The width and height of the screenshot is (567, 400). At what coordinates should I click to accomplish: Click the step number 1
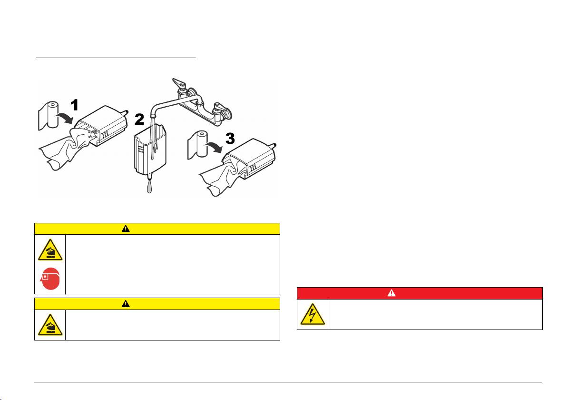[75, 105]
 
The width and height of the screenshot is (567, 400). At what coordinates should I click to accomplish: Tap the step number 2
[139, 120]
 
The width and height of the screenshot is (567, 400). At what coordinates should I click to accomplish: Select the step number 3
[230, 138]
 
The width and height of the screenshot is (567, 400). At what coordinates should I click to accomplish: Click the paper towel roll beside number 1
[48, 115]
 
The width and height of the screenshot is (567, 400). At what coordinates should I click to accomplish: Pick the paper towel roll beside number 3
[197, 145]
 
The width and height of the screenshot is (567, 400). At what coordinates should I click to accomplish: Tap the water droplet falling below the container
[149, 187]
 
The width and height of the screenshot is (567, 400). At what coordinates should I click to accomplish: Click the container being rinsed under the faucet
[150, 152]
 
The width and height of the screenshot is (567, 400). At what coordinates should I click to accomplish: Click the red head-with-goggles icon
[50, 279]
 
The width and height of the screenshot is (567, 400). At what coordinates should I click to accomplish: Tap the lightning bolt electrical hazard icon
[313, 314]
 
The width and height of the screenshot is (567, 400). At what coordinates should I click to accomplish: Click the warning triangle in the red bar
[391, 293]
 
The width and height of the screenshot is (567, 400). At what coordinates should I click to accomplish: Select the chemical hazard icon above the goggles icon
[50, 250]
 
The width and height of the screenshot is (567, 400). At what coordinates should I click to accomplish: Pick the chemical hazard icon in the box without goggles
[50, 325]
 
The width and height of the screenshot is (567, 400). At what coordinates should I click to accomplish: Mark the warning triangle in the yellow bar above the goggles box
[126, 229]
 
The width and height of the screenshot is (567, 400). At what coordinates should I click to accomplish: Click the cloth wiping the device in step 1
[65, 149]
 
